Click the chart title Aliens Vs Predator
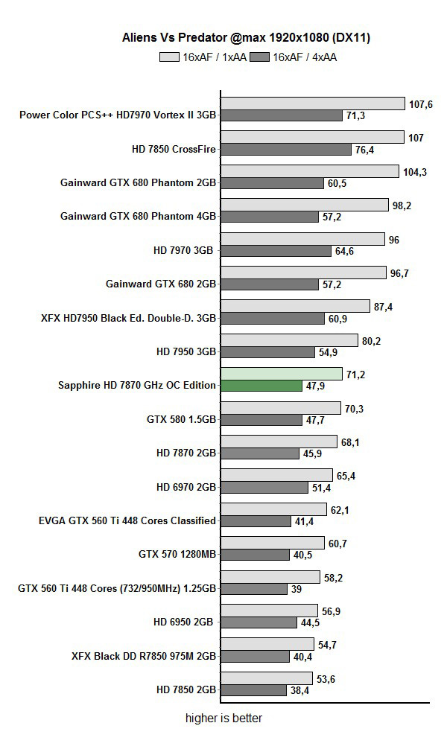225,37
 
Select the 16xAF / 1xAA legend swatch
170,57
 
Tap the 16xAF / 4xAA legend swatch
259,57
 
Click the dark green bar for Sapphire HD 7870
261,386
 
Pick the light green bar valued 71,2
282,374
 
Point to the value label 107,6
421,103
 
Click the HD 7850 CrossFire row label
174,149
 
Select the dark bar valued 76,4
286,149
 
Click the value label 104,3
415,171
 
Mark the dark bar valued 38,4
253,690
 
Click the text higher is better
223,719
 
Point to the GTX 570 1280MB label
177,554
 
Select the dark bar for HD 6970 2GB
264,487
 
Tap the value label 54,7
328,645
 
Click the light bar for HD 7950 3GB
289,340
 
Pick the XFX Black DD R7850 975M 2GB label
144,656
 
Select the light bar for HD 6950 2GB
269,611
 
